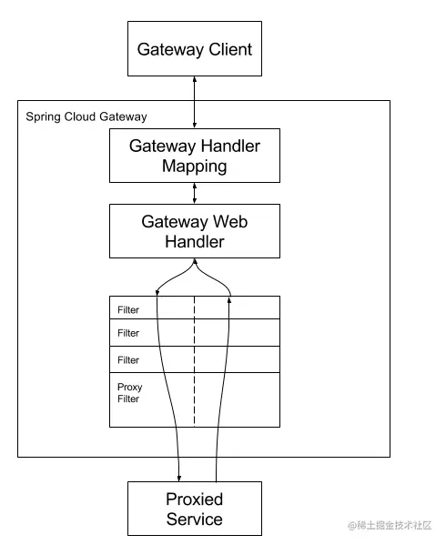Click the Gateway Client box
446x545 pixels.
point(195,48)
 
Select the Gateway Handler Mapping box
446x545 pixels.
point(195,156)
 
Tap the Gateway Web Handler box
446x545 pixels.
point(195,231)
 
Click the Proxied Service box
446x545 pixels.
point(195,509)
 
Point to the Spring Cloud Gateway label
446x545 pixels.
point(86,116)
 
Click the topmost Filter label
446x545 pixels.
point(128,309)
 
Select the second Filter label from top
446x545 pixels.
point(128,333)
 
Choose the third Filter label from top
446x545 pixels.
point(128,360)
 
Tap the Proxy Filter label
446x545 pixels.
point(129,393)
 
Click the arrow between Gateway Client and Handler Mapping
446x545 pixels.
point(195,102)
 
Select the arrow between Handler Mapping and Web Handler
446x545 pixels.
point(195,193)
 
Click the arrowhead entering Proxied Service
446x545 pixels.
point(179,479)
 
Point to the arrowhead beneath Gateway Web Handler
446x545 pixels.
point(195,261)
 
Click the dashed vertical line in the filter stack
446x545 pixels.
point(194,361)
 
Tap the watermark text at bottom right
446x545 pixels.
point(390,525)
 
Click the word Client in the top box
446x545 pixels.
point(230,49)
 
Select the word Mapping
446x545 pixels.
point(195,167)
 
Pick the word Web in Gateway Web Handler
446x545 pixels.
point(230,221)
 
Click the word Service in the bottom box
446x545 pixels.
point(195,519)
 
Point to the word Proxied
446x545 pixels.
point(195,500)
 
